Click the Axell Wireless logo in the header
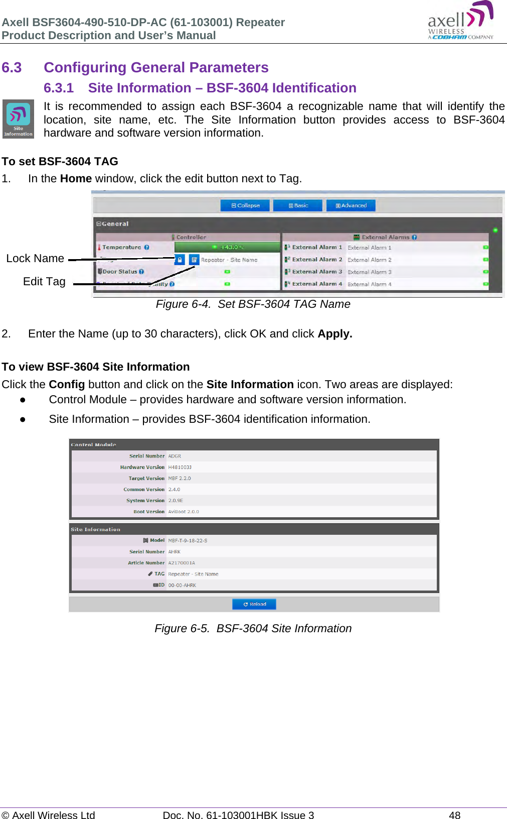point(460,21)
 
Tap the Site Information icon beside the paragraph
point(18,119)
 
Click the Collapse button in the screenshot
point(245,205)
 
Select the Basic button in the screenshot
point(298,205)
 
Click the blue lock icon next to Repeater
point(180,260)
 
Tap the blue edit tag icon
point(194,260)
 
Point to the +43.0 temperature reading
point(227,247)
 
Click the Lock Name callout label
point(35,258)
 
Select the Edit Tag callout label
point(44,281)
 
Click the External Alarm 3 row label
point(317,272)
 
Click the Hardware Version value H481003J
point(180,467)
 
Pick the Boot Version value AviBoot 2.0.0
point(184,512)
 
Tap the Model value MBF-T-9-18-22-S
point(188,540)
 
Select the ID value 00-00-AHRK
point(182,585)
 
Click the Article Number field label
point(146,563)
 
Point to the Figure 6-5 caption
point(253,628)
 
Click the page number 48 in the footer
point(454,814)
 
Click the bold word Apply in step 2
point(334,333)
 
